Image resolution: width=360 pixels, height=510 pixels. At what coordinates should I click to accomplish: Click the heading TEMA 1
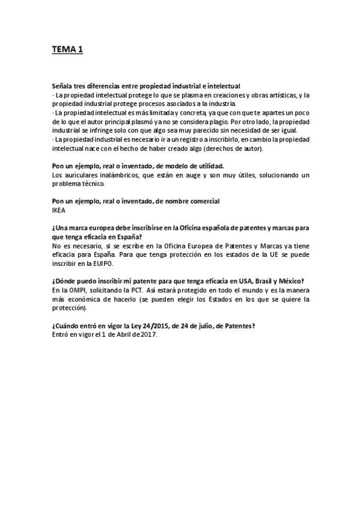(x=67, y=50)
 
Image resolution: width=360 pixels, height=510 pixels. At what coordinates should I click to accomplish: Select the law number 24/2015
(x=149, y=327)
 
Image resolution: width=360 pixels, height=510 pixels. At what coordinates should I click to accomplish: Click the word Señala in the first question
(x=65, y=87)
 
